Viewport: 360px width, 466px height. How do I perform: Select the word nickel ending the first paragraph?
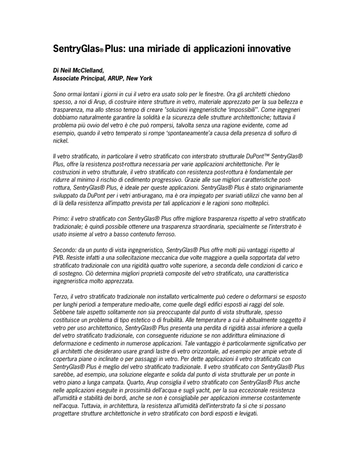coord(61,141)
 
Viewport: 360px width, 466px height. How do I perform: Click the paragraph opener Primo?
coord(61,219)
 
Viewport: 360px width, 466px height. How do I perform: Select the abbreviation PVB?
coord(59,258)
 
